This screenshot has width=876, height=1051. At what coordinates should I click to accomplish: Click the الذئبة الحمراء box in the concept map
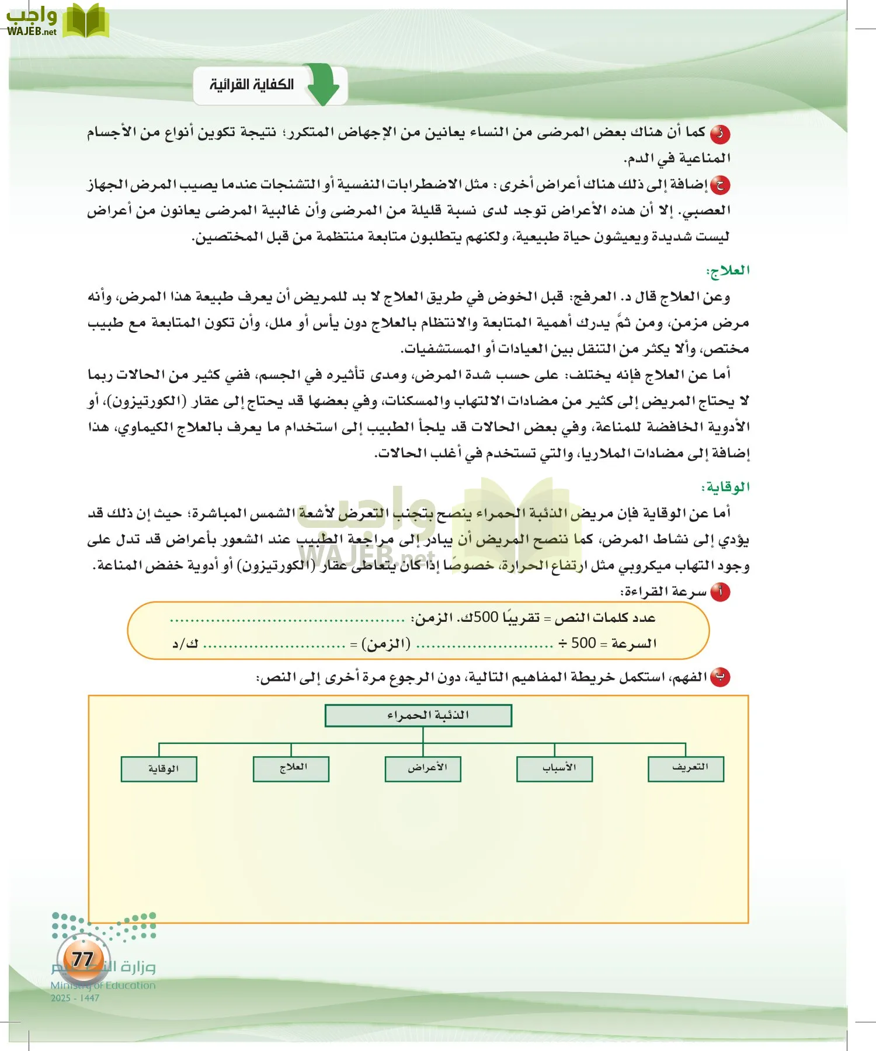click(x=418, y=715)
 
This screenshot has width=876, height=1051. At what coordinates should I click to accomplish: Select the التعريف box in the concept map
click(x=686, y=768)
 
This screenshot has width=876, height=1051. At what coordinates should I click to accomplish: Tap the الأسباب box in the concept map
click(x=554, y=768)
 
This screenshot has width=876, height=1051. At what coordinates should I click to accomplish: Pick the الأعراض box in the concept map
click(x=423, y=768)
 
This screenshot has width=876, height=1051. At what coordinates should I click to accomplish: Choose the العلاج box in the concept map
click(x=291, y=768)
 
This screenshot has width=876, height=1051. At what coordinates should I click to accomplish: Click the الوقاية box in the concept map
click(x=159, y=768)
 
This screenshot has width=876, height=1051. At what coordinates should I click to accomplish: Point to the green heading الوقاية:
click(x=725, y=487)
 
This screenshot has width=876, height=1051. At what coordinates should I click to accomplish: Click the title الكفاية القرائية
click(x=252, y=85)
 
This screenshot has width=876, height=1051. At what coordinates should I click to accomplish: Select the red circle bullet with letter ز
click(x=720, y=134)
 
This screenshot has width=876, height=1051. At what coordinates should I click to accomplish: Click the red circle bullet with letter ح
click(x=720, y=185)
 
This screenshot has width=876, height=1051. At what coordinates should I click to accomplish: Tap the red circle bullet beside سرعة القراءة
click(x=720, y=592)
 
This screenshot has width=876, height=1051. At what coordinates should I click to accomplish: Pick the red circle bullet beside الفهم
click(x=720, y=677)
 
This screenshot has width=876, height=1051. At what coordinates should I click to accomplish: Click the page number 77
click(x=83, y=959)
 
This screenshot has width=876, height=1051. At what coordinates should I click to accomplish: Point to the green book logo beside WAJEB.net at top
click(x=85, y=21)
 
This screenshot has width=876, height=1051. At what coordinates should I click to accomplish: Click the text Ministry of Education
click(x=103, y=985)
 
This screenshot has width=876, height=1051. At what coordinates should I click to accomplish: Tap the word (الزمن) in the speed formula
click(x=386, y=643)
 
